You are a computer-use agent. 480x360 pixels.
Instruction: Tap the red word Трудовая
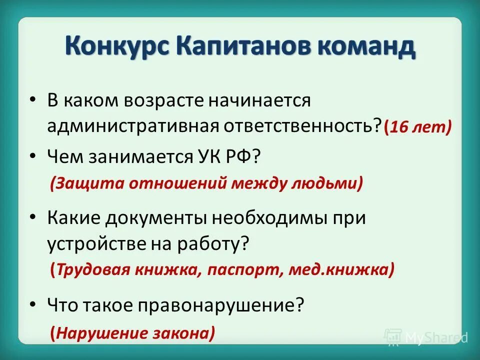click(93, 270)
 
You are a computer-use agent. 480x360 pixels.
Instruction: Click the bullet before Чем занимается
click(33, 157)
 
